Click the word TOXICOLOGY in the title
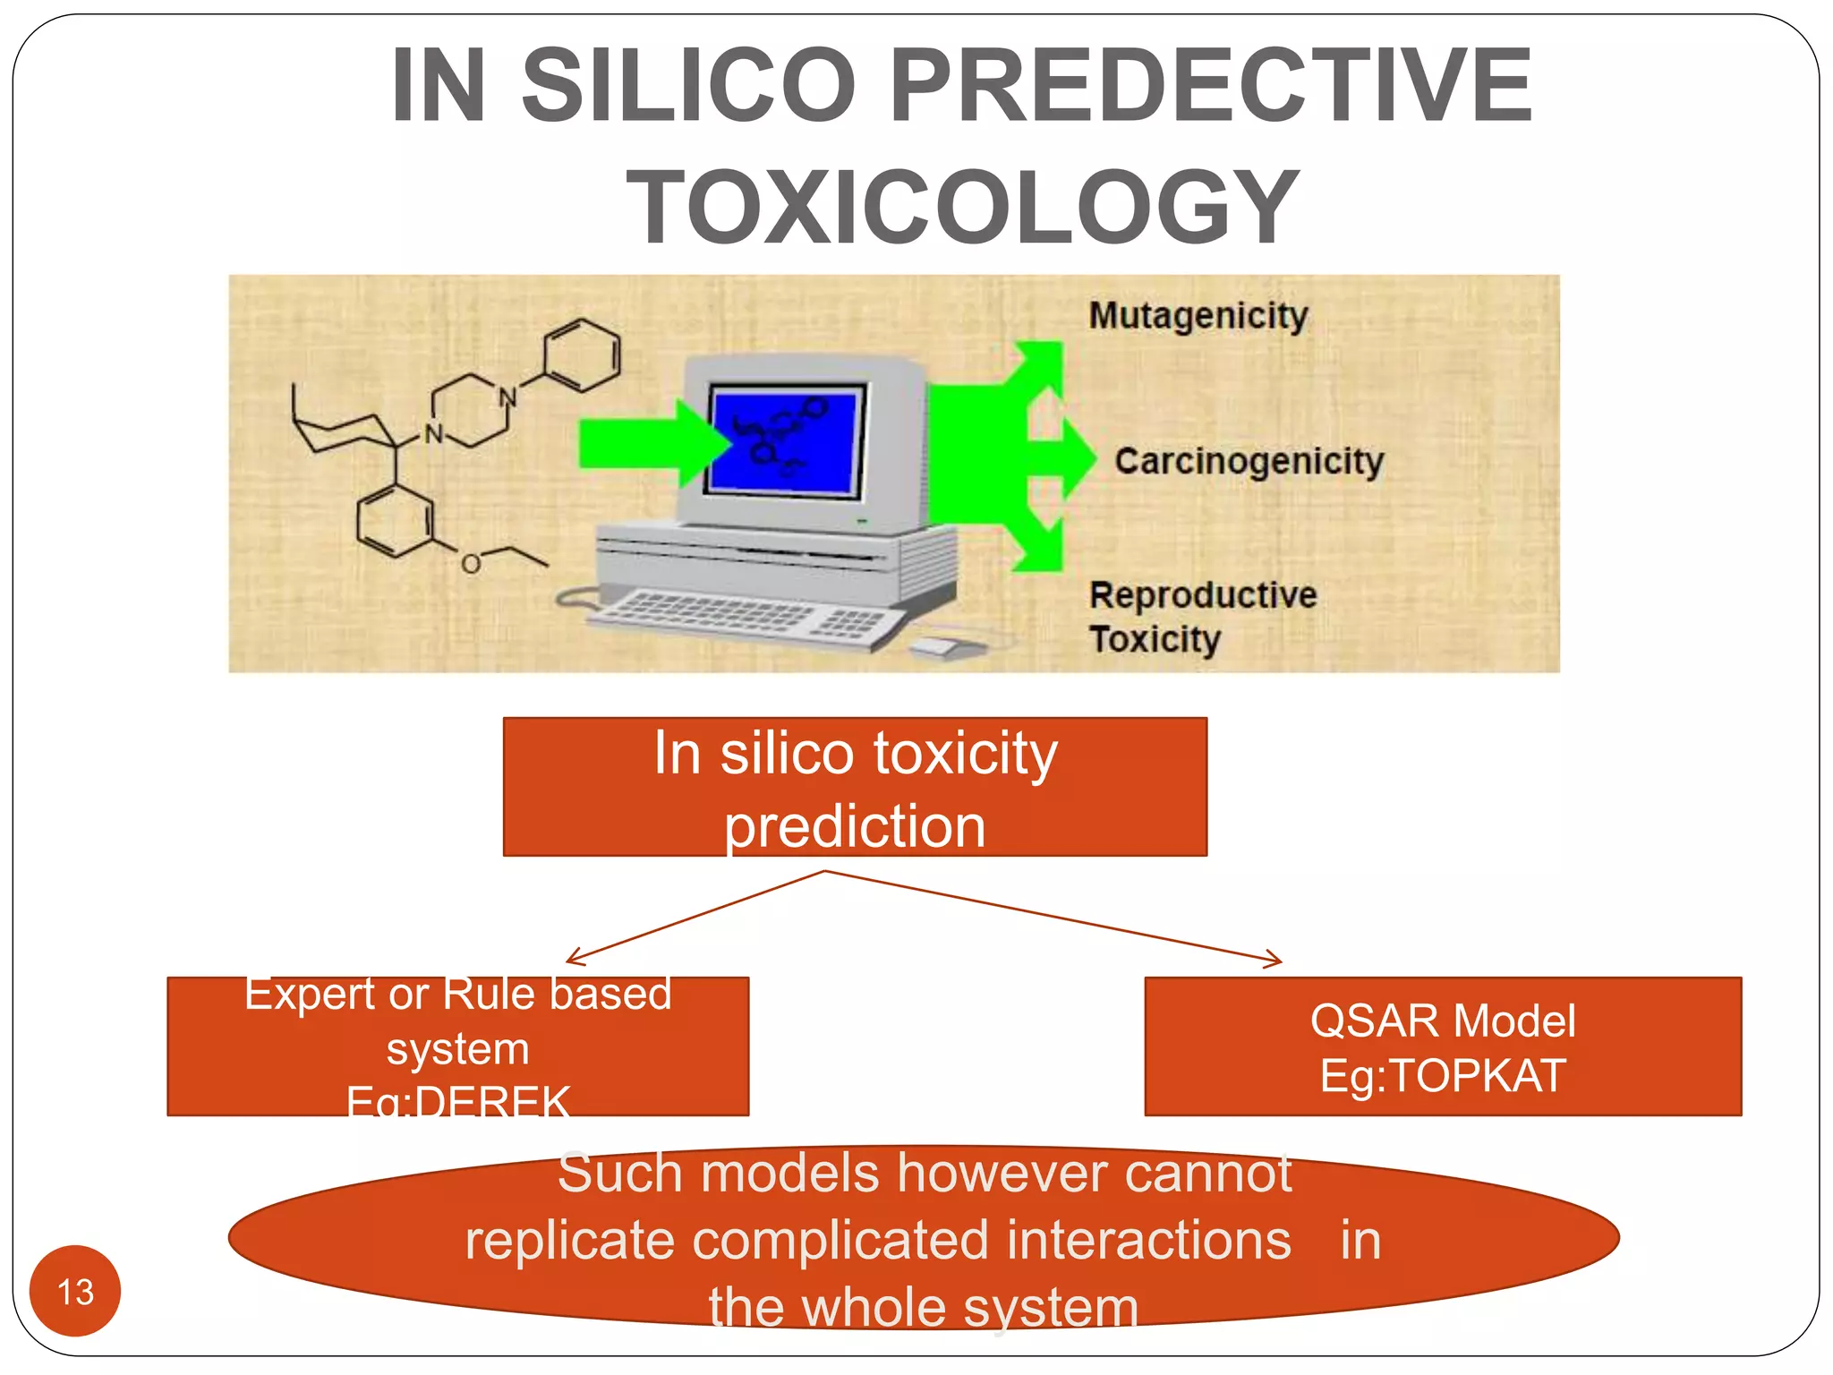(963, 208)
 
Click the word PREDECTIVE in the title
(1211, 86)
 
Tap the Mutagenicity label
(1198, 316)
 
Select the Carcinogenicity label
(1249, 461)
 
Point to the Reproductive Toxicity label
(1202, 617)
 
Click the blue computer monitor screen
(786, 439)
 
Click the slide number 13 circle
(75, 1291)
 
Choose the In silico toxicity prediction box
(855, 787)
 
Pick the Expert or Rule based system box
(457, 1046)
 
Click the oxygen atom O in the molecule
(471, 563)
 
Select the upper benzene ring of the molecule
(582, 355)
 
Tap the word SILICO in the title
(688, 86)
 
